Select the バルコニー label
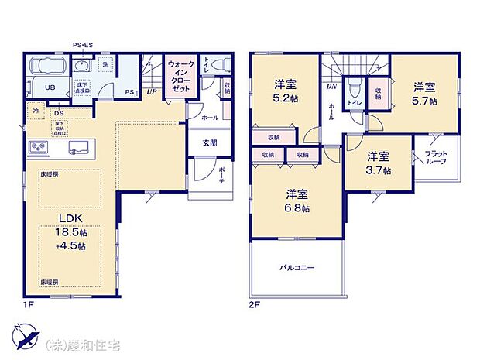(297, 269)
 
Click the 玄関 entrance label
(210, 142)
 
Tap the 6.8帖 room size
(297, 208)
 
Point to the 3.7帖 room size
(378, 170)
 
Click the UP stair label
(153, 91)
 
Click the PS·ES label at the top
(83, 46)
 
